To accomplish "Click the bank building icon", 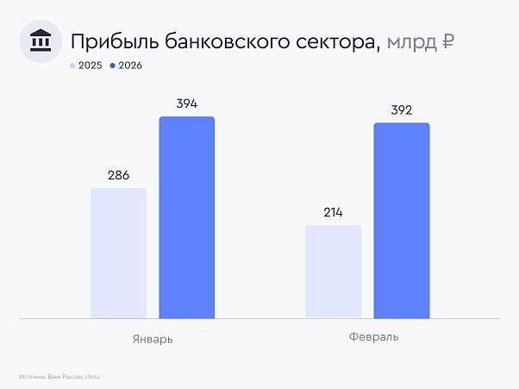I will [x=40, y=41].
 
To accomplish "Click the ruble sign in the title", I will [x=448, y=41].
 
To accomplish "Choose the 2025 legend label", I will [x=91, y=66].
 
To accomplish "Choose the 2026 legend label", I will [x=131, y=66].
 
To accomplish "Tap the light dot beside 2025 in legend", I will [x=72, y=66].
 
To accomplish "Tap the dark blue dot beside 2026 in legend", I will [x=113, y=66].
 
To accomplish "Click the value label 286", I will [x=118, y=175].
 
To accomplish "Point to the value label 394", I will [x=186, y=104].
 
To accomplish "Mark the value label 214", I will [x=333, y=212].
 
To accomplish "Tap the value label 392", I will [x=401, y=110].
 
